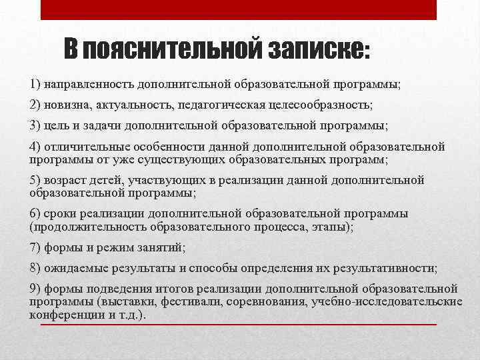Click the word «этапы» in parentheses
(333, 227)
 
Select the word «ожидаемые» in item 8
(75, 268)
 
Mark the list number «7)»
(35, 247)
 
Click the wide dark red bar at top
(239, 9)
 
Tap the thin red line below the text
(239, 325)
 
